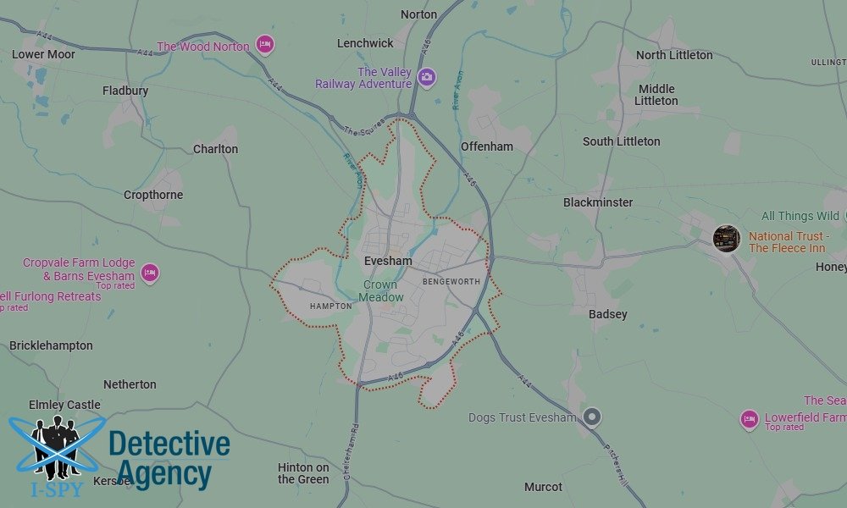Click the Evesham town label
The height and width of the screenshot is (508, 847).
tap(387, 262)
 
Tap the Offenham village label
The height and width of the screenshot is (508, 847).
tap(487, 146)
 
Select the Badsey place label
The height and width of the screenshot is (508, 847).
tap(608, 314)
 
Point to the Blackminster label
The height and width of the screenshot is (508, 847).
tap(598, 202)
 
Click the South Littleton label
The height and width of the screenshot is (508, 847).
tap(621, 141)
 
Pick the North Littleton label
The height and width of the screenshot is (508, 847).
tap(674, 55)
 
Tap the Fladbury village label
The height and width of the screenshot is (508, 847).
tap(125, 91)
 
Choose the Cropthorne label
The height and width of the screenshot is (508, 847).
tap(153, 195)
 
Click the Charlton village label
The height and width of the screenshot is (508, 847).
tap(216, 149)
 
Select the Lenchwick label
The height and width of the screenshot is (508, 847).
tap(365, 43)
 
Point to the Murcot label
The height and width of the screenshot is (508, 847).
tap(543, 487)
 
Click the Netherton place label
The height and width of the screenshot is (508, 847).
tap(130, 384)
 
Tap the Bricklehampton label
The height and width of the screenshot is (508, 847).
tap(51, 345)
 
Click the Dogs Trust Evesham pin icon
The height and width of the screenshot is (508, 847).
tap(592, 417)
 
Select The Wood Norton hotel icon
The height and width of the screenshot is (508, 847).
tap(265, 44)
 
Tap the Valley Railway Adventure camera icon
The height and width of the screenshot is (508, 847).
tap(427, 77)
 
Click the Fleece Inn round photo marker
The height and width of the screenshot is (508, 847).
tap(726, 238)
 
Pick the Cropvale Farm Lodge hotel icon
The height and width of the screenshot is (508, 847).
tap(150, 273)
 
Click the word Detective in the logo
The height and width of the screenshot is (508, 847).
tap(169, 443)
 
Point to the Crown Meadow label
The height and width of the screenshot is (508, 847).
tap(381, 291)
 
